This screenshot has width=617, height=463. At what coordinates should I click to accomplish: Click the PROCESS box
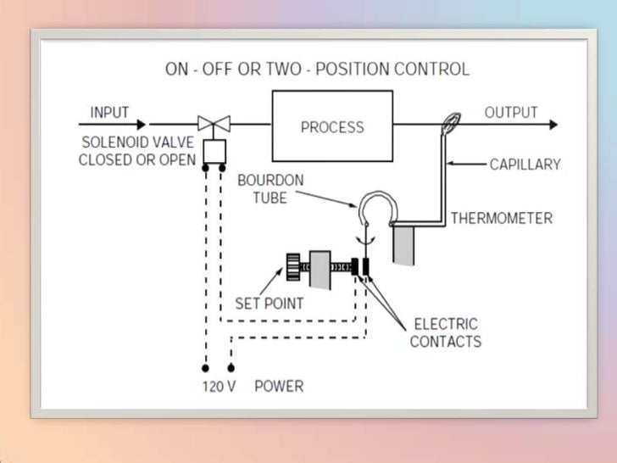[332, 126]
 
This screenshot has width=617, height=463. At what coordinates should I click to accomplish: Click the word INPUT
[109, 113]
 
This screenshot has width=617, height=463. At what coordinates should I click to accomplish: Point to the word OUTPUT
[511, 113]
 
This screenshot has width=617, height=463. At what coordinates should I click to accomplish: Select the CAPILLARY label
[525, 164]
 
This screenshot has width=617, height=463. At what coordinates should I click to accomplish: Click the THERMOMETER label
[501, 219]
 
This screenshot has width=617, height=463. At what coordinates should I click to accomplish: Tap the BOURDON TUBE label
[270, 189]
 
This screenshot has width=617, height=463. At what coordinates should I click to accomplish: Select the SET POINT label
[269, 303]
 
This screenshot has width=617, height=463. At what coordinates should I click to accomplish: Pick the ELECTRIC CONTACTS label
[445, 332]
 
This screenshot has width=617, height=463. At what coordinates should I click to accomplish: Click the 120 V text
[218, 387]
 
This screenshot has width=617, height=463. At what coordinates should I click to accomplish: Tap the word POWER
[279, 387]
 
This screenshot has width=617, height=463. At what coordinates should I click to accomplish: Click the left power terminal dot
[204, 370]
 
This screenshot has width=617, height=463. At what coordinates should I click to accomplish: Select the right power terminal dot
[231, 370]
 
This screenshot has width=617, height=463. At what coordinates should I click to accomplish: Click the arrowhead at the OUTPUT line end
[553, 125]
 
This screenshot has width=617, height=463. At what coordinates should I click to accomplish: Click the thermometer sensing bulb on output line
[449, 125]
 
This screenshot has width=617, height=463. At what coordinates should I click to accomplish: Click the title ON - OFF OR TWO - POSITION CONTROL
[317, 69]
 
